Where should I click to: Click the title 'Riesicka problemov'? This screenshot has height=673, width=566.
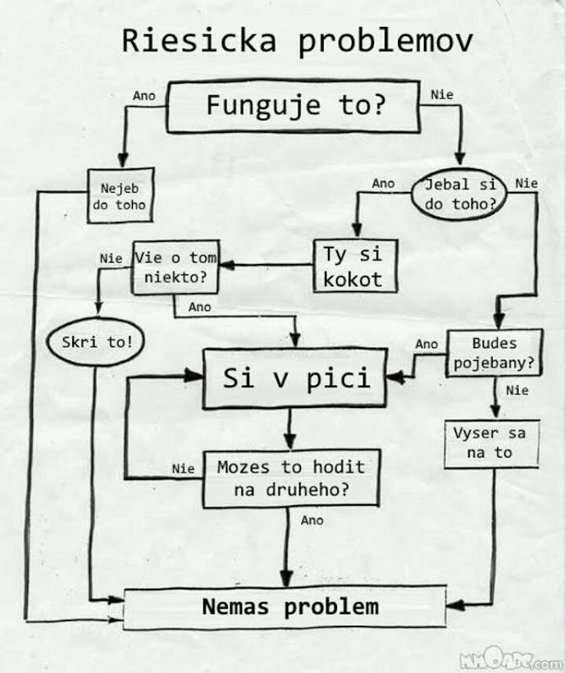297,41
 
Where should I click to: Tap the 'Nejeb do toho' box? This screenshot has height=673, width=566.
123,196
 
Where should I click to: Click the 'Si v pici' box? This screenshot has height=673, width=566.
295,379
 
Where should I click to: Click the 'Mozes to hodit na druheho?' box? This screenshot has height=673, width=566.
291,478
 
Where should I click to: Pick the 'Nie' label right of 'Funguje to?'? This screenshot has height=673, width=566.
442,95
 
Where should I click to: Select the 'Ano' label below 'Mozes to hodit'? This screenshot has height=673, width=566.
312,521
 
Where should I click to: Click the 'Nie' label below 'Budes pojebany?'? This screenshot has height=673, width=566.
517,390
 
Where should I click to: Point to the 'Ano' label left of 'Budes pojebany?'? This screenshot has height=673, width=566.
426,344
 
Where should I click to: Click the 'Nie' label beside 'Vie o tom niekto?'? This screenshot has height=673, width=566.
110,258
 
